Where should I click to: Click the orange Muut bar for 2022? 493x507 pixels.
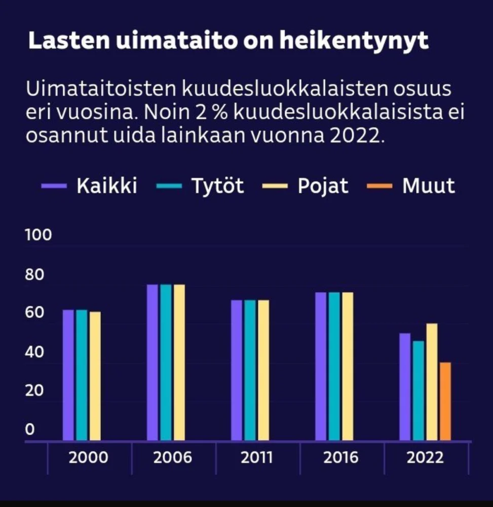[445, 401]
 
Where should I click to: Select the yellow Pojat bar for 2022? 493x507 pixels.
[432, 382]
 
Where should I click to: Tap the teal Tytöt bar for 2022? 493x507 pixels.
[419, 390]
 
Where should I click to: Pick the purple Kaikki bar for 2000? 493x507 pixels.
[68, 375]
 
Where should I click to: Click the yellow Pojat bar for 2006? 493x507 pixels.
[179, 362]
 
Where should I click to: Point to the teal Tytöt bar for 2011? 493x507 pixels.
[250, 370]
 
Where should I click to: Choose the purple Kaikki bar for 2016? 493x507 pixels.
[321, 366]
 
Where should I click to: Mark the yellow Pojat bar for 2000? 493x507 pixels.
[95, 376]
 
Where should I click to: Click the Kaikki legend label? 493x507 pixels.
[107, 186]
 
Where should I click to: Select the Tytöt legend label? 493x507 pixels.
[217, 186]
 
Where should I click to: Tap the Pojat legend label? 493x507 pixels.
[323, 186]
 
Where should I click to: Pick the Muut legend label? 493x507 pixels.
[428, 186]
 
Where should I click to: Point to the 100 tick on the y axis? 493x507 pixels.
[38, 236]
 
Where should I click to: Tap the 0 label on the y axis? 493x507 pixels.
[30, 430]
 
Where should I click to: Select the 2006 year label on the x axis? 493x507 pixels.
[173, 458]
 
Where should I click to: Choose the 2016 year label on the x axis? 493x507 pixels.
[342, 458]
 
